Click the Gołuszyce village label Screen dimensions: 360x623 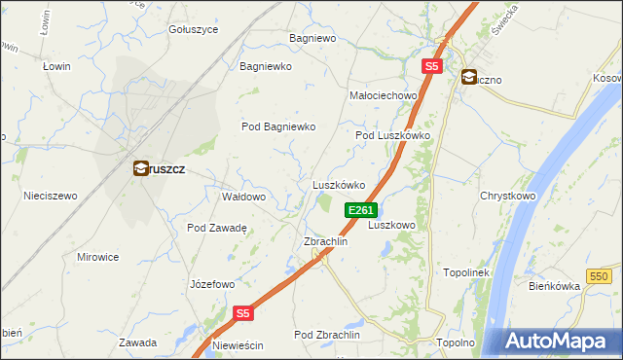click(x=193, y=29)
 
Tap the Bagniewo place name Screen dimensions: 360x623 click(x=312, y=38)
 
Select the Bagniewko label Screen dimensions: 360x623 click(x=267, y=67)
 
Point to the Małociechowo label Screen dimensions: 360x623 click(x=383, y=95)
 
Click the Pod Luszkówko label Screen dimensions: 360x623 click(x=392, y=136)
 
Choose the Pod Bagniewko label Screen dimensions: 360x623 click(x=279, y=126)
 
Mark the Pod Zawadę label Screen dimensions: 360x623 click(x=217, y=228)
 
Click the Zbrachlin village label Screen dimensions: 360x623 click(x=326, y=241)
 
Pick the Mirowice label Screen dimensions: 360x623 click(x=97, y=257)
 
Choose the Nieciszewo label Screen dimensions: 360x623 click(x=51, y=196)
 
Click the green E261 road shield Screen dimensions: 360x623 click(x=360, y=210)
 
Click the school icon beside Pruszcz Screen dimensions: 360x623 click(x=141, y=168)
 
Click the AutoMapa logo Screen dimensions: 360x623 click(x=561, y=341)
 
